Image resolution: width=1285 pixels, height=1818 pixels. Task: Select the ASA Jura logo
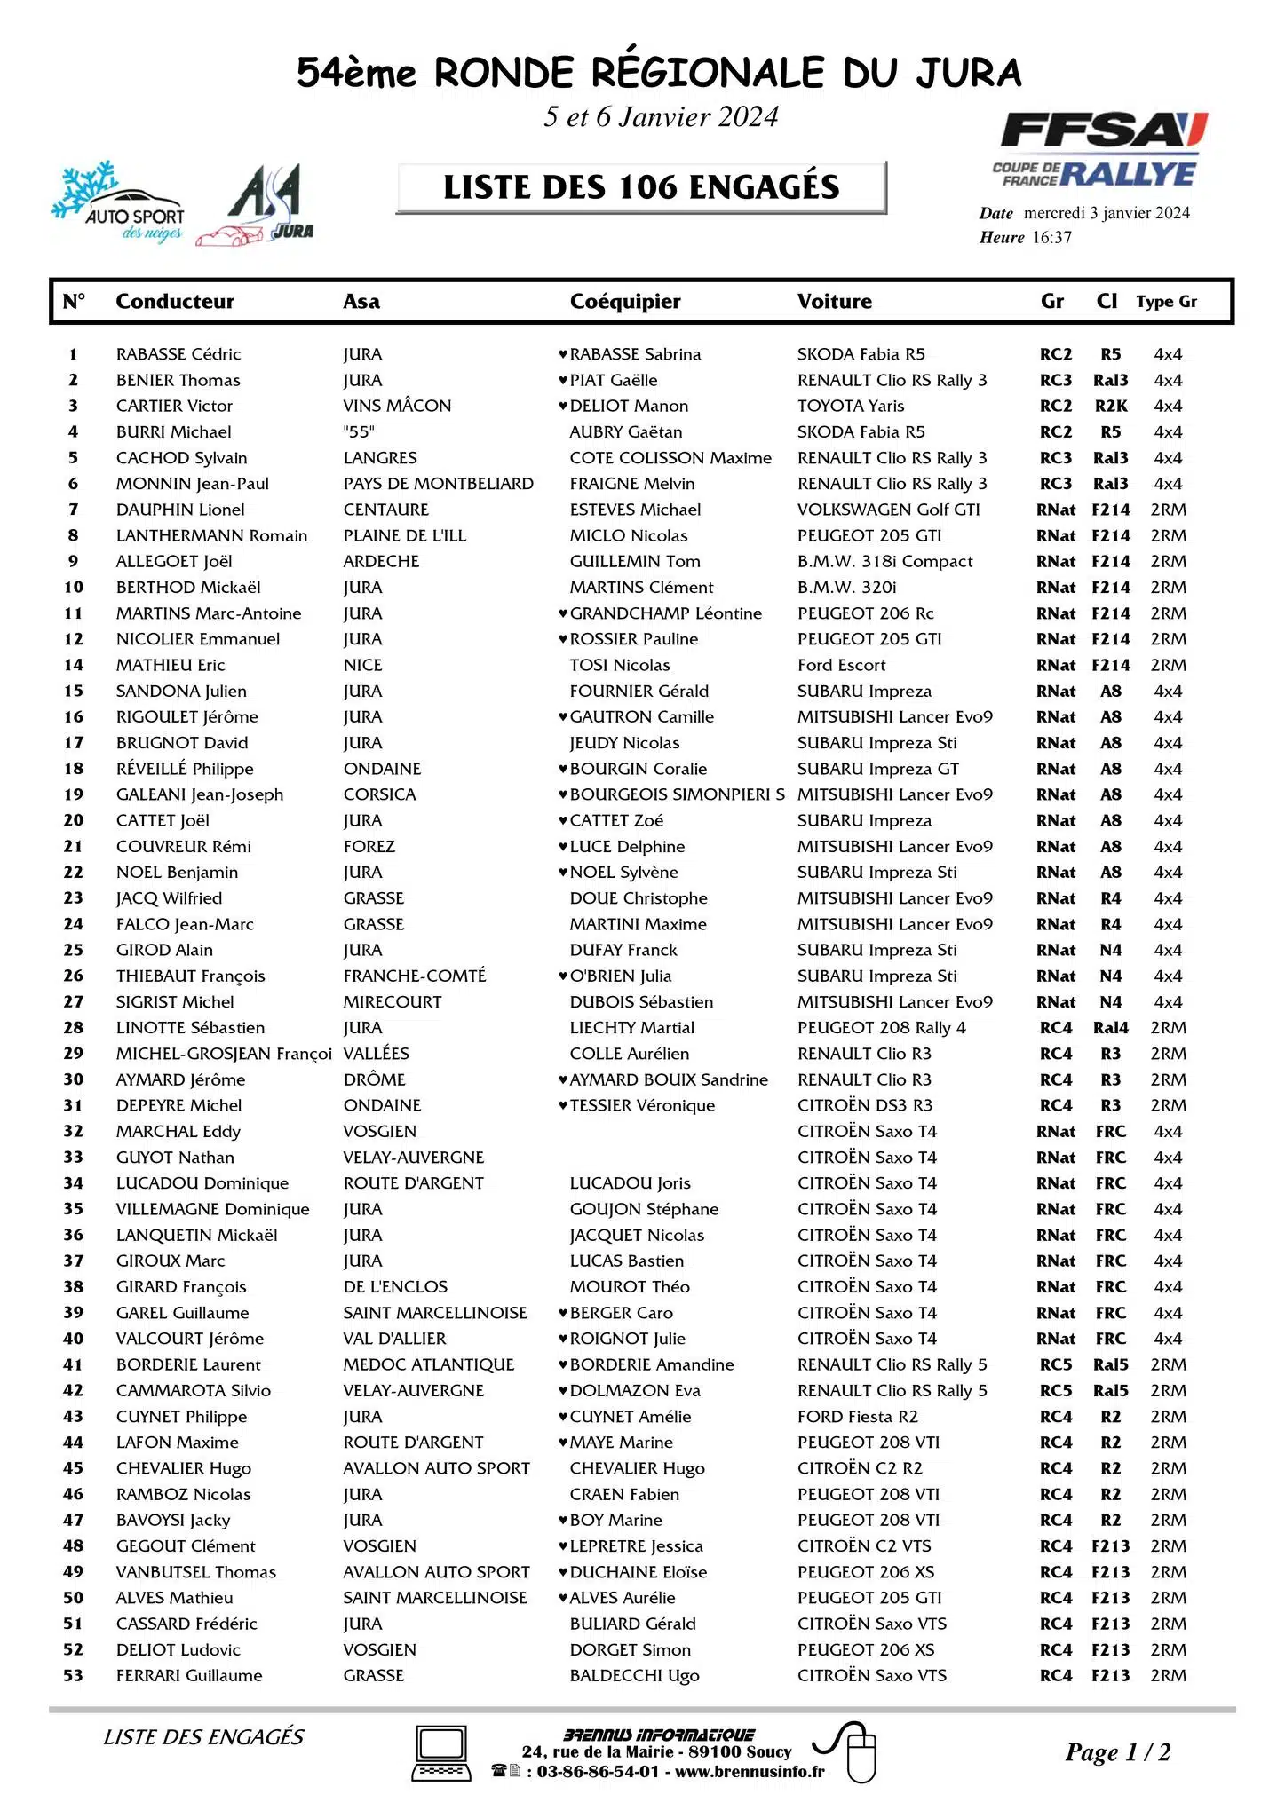[258, 205]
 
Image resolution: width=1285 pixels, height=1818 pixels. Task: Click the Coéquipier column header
[625, 302]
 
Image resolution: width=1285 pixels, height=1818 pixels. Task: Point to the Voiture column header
[834, 302]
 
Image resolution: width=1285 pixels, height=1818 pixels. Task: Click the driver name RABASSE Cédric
[178, 354]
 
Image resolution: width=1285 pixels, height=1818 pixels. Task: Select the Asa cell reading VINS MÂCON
[397, 406]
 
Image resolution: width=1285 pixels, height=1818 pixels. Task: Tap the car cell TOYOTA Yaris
[851, 406]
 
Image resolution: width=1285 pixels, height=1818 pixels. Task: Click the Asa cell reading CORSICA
[379, 794]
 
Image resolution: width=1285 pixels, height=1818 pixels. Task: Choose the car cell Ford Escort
[841, 665]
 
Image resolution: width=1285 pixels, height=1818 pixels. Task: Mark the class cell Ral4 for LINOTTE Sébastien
[1110, 1028]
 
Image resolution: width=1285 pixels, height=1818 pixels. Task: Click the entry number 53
[73, 1675]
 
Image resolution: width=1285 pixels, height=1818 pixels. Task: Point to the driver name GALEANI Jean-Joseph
[200, 794]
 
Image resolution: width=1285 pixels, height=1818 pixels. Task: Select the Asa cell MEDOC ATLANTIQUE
[428, 1364]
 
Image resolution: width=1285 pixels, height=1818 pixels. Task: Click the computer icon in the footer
[441, 1753]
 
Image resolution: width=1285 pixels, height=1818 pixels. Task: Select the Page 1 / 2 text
[1117, 1752]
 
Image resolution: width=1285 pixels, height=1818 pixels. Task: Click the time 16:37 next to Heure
[1051, 238]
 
